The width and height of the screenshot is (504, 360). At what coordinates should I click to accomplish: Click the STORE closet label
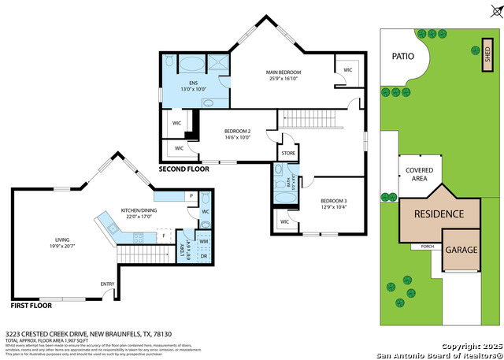pyautogui.click(x=287, y=153)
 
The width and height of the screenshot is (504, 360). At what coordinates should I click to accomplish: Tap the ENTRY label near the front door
pyautogui.click(x=107, y=284)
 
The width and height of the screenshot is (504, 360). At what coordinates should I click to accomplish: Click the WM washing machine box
pyautogui.click(x=203, y=240)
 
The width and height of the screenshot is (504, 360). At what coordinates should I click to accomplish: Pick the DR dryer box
pyautogui.click(x=203, y=257)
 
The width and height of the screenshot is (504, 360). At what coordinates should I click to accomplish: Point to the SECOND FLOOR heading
pyautogui.click(x=184, y=169)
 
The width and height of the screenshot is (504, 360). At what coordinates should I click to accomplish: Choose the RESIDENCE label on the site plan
pyautogui.click(x=439, y=213)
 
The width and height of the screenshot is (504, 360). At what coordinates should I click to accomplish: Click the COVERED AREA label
pyautogui.click(x=417, y=174)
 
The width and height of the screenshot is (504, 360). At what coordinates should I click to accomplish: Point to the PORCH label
pyautogui.click(x=428, y=247)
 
